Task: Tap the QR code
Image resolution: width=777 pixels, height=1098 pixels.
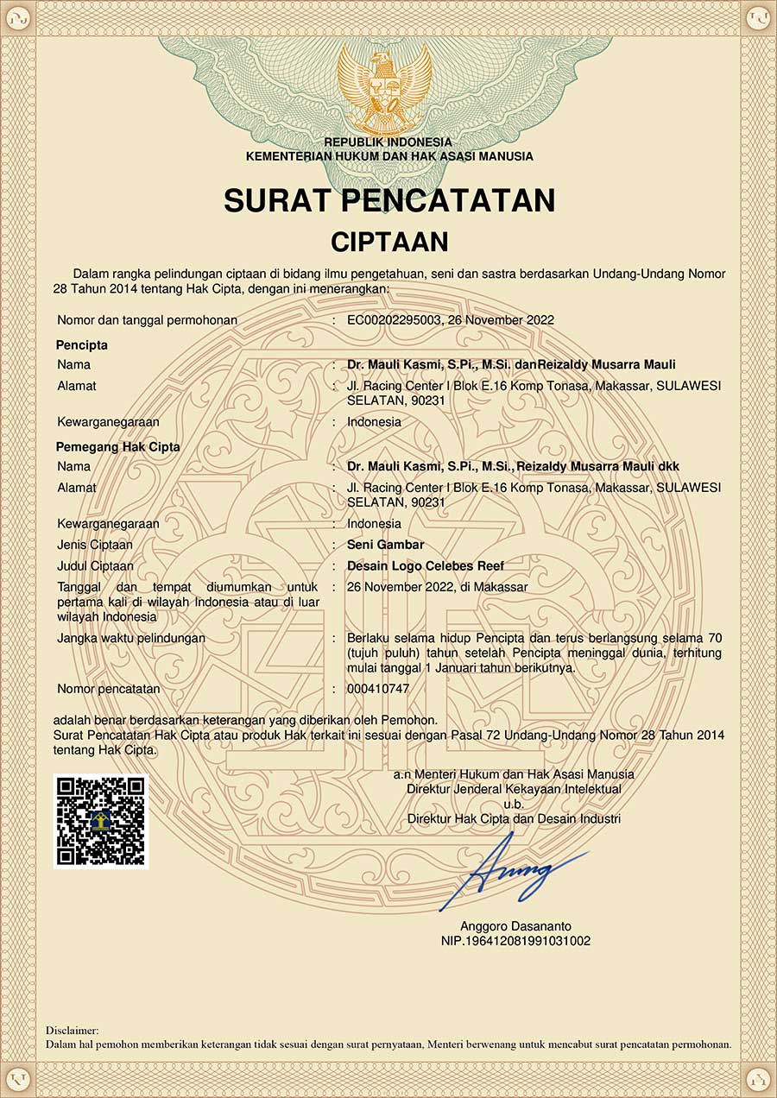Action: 100,821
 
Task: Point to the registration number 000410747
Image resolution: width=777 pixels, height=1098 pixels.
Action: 378,689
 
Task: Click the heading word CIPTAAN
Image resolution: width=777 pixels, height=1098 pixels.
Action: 389,241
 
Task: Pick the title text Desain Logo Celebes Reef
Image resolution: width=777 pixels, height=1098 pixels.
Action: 425,565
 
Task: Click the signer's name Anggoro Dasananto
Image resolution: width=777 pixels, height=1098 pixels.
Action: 515,926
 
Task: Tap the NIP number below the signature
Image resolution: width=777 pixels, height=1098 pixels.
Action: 515,941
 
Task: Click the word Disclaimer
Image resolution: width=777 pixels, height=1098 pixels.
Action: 72,1030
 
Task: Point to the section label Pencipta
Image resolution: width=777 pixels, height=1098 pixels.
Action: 82,345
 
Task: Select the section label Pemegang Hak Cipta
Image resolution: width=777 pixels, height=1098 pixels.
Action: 118,447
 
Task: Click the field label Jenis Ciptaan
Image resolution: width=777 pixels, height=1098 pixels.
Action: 95,545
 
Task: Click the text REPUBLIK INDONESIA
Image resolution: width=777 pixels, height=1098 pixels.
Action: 388,142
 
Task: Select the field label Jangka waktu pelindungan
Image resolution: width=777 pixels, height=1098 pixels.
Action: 131,638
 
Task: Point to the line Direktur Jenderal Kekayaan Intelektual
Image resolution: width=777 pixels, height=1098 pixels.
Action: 514,789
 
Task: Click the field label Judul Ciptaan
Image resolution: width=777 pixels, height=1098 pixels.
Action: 95,565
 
